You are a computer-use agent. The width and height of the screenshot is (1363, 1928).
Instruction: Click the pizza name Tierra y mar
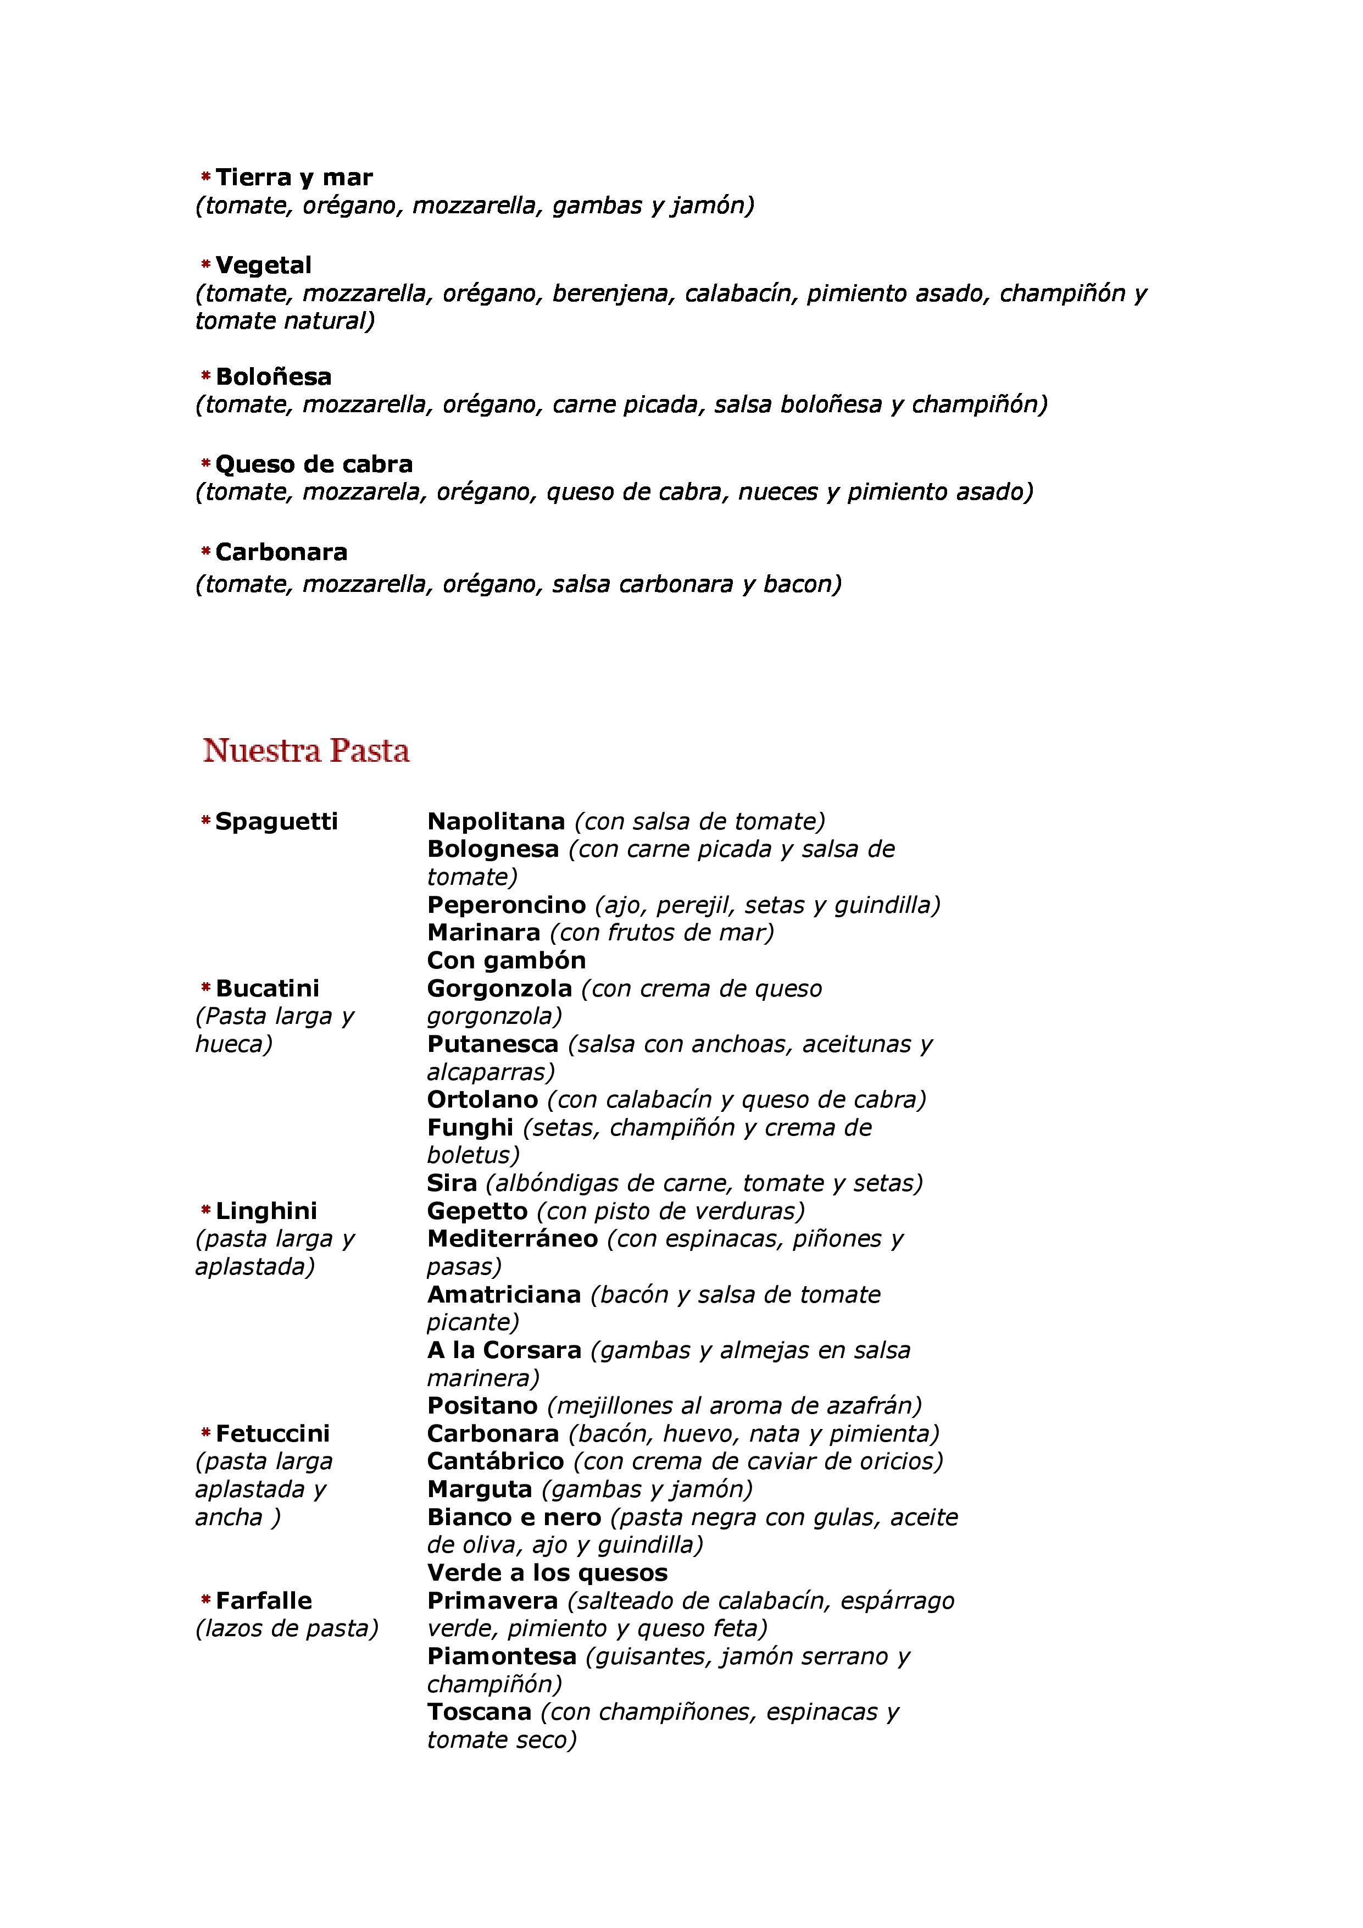click(x=294, y=177)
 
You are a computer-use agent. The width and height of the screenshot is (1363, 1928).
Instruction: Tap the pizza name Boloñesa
click(x=273, y=376)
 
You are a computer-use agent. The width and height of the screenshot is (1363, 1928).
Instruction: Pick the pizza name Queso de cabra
click(x=313, y=464)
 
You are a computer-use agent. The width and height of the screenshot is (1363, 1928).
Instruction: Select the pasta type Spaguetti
click(x=276, y=821)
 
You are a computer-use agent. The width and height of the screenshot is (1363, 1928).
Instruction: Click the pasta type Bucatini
click(x=267, y=988)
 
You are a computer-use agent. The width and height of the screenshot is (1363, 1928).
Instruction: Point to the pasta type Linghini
click(x=266, y=1211)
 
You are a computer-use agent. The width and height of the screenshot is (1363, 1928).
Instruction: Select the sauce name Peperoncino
click(x=506, y=905)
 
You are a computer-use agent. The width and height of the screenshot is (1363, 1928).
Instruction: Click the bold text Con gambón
click(x=506, y=961)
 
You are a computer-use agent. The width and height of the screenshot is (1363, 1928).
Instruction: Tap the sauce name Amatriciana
click(x=504, y=1295)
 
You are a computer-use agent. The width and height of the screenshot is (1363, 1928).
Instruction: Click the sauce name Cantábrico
click(x=495, y=1462)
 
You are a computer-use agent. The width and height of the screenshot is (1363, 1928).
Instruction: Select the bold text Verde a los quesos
click(x=547, y=1573)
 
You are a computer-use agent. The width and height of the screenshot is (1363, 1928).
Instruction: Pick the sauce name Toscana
click(x=479, y=1712)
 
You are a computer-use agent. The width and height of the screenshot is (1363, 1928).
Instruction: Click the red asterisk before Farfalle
click(x=205, y=1600)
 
